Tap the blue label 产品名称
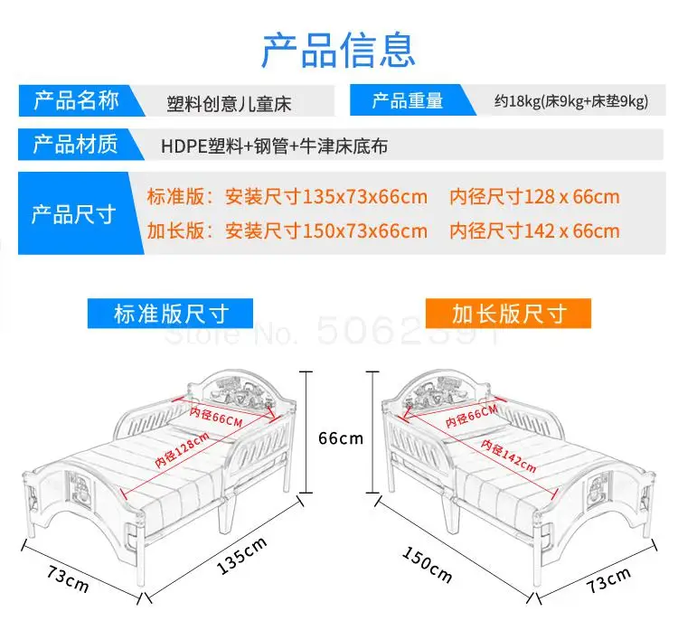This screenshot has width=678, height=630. [x=76, y=100]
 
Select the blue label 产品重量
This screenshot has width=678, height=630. [x=407, y=100]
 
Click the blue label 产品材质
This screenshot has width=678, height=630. [x=76, y=145]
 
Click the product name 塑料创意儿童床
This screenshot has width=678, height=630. [x=229, y=101]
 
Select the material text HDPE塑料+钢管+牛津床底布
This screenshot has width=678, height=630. [x=274, y=146]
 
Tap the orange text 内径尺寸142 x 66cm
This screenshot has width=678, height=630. [x=535, y=230]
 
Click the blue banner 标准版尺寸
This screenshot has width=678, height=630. [x=171, y=314]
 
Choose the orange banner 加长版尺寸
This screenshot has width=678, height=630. [x=508, y=314]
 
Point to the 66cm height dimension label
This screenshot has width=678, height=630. [x=340, y=438]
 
